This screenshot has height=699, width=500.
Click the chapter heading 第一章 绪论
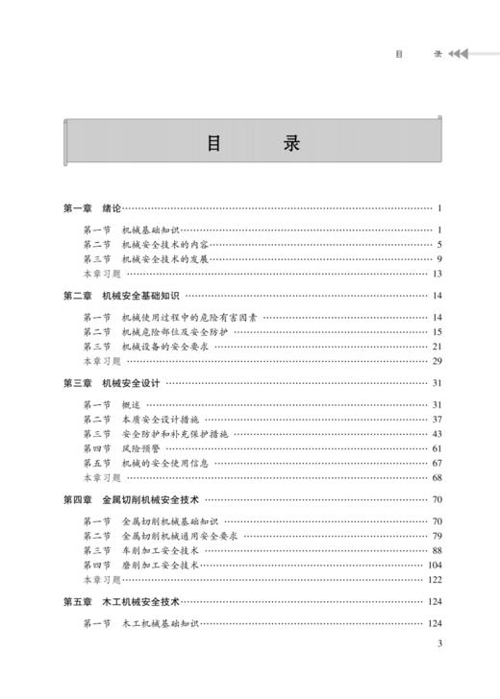point(91,208)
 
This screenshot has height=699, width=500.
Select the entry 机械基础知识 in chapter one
point(151,230)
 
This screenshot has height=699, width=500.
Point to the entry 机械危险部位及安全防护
point(172,332)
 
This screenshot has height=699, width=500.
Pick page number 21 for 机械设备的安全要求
point(436,347)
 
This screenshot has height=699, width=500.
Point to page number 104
point(433,566)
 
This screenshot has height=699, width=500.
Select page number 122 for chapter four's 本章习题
point(433,580)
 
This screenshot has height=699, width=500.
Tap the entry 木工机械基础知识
point(160,624)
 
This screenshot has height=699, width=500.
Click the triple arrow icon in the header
point(459,54)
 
